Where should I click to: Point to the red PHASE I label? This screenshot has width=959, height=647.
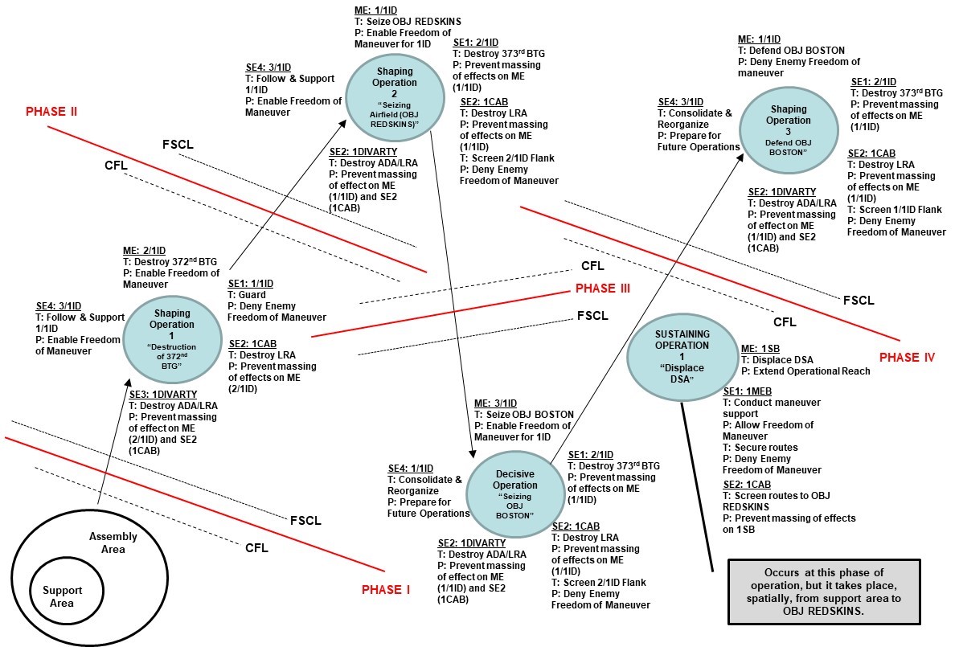point(385,589)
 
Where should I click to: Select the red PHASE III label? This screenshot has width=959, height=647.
point(602,289)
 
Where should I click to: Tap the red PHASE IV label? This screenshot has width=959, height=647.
point(907,357)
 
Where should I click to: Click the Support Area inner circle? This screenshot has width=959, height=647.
point(58,596)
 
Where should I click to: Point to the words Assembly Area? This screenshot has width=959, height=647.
point(113,543)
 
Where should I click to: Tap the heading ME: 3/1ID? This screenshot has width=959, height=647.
point(495,403)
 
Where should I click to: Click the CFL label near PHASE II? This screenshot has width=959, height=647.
point(118,165)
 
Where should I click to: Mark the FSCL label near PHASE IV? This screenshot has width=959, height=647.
point(858,300)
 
